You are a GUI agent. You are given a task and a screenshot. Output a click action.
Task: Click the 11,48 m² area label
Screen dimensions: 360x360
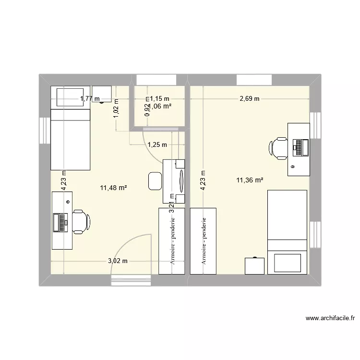[x=113, y=188]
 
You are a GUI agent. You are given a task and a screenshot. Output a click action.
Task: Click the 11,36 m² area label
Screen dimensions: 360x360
[x=250, y=180]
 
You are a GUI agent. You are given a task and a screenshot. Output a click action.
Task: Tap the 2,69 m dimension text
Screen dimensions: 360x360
[x=250, y=99]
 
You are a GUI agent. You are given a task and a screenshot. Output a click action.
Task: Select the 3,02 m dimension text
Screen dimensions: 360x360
[x=117, y=261]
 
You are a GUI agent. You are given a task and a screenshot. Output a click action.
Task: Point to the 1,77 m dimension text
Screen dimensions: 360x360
[x=90, y=99]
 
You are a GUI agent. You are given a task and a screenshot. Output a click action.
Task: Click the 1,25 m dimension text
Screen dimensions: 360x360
[x=157, y=144]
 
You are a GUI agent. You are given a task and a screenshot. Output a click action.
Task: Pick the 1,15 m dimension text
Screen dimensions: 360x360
[x=160, y=99]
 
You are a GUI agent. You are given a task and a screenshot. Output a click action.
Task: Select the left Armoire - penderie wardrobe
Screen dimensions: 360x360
[x=171, y=241]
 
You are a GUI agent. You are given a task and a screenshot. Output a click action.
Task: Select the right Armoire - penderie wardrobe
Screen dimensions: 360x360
[x=203, y=241]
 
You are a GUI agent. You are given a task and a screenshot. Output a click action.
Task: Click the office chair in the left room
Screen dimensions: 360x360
[x=80, y=221]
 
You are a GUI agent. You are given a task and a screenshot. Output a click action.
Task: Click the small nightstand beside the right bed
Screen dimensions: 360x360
[x=254, y=266]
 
